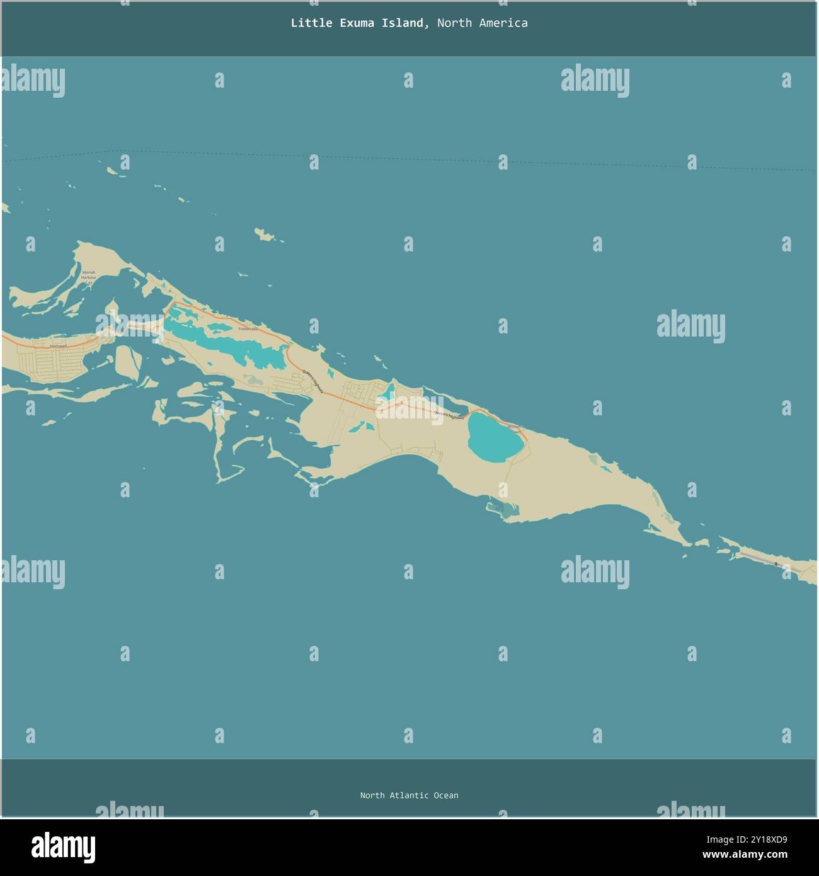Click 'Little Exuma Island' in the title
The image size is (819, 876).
click(357, 23)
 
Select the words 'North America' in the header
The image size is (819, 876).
click(482, 23)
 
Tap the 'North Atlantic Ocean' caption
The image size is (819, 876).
click(409, 795)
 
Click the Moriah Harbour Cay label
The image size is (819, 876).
click(89, 277)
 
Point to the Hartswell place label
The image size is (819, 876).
click(59, 346)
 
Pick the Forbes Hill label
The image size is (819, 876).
click(248, 328)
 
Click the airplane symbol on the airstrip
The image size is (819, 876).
click(776, 563)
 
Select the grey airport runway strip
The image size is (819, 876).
click(759, 558)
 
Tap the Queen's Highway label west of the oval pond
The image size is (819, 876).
click(449, 415)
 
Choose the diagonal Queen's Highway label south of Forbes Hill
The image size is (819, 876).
click(312, 381)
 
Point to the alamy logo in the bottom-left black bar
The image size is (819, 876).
click(63, 848)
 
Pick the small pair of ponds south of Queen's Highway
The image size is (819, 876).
click(357, 427)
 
